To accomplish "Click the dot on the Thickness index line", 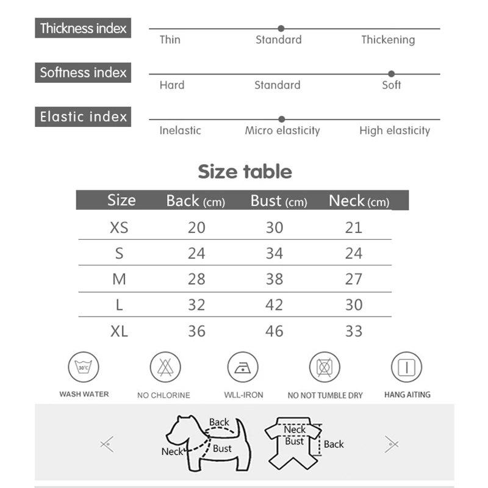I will (281, 28).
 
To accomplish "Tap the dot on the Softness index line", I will (391, 74).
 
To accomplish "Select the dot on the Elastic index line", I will (281, 119).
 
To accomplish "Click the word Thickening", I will (387, 40).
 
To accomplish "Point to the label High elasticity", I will (394, 130).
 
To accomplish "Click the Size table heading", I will (245, 171).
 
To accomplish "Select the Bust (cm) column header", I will (279, 201).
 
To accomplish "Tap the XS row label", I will (119, 228).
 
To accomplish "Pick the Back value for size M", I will (196, 279).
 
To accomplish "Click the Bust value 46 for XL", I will (274, 331).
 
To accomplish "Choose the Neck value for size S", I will (353, 253).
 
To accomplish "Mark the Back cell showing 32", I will (196, 305).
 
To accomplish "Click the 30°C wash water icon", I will (84, 368).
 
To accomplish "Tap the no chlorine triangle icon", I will (165, 368).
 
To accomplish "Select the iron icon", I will (243, 368).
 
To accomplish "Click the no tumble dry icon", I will (325, 368).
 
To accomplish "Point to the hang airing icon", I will (406, 368).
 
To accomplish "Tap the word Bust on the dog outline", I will (222, 449).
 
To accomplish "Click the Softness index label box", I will (83, 73).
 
